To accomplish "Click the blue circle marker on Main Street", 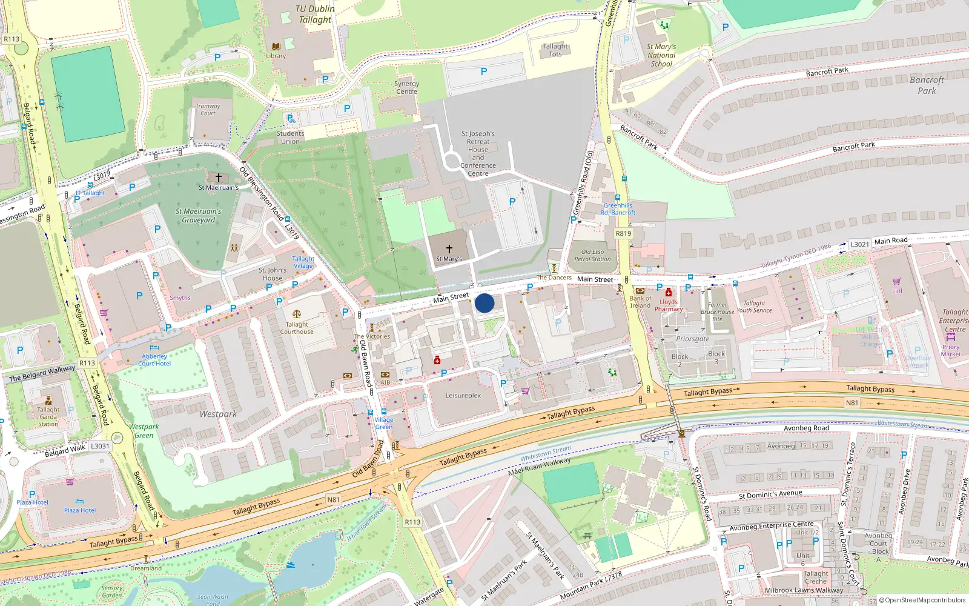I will (484, 303).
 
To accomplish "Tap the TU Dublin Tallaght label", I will (315, 14).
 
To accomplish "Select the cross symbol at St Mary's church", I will (449, 248).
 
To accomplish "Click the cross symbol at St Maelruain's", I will (219, 178).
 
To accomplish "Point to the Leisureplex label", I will (463, 395).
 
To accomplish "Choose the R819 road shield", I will (623, 233).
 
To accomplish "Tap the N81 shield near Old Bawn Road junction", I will (334, 499).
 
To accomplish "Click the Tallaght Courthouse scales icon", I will (296, 314).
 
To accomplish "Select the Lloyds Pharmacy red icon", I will (669, 293).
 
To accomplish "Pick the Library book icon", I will (276, 47).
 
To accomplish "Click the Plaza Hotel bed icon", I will (80, 502).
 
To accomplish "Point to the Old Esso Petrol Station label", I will (592, 255).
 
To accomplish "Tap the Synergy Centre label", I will (406, 88).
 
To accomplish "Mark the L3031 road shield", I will (100, 446).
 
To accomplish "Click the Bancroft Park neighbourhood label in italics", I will (927, 85).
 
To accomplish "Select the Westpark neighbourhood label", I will (218, 414).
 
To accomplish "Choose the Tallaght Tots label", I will (555, 50).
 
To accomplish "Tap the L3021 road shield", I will (859, 244).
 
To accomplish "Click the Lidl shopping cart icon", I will (897, 281).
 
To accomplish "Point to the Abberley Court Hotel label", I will (154, 360).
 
